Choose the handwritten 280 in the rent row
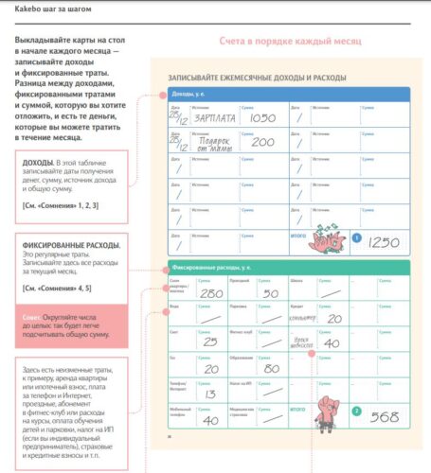212,293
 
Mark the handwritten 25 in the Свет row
210,342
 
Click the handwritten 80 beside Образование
272,366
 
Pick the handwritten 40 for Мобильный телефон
210,421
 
